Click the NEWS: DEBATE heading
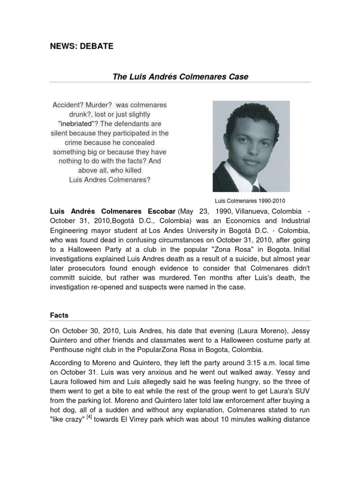[x=82, y=46]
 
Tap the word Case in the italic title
[x=238, y=76]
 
